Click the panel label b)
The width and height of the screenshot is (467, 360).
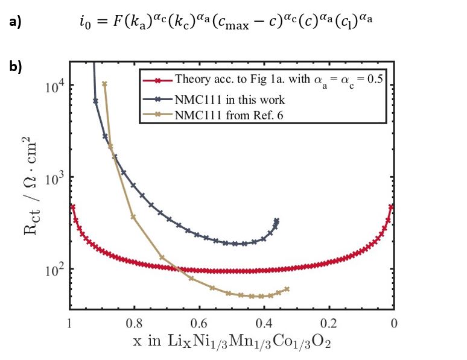click(x=15, y=67)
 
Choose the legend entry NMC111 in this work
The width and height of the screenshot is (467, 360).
click(x=229, y=99)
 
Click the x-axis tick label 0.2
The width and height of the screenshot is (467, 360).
click(x=329, y=322)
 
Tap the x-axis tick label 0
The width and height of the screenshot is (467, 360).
click(x=393, y=322)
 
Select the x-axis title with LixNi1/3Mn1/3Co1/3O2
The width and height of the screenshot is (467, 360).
click(x=232, y=342)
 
